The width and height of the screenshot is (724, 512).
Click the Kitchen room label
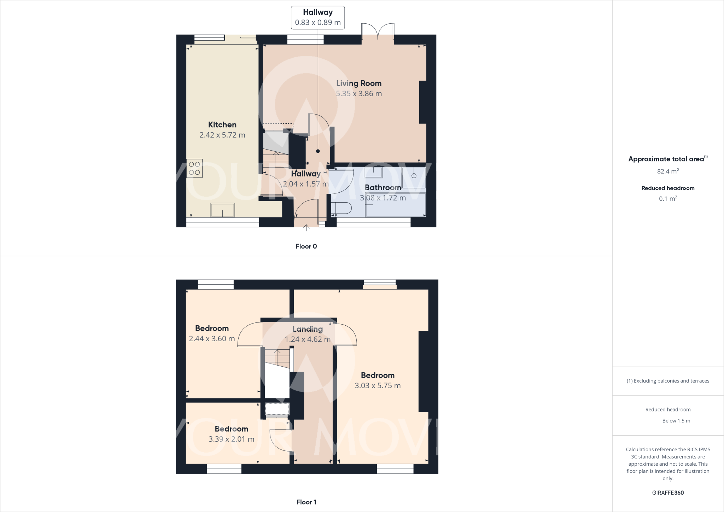coord(222,125)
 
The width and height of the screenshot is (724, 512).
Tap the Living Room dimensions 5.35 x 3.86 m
coord(359,94)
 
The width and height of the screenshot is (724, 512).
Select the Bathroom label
coord(383,187)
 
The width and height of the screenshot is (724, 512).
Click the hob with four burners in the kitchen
coord(194,168)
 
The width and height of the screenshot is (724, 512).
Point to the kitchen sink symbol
coord(222,210)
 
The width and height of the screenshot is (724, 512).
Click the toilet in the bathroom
coord(341,208)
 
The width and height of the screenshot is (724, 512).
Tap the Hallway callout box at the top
coord(317,17)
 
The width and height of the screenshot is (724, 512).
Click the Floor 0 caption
coord(306,246)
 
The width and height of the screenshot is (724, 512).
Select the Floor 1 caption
coord(306,502)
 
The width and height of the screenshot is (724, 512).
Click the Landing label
coord(308,329)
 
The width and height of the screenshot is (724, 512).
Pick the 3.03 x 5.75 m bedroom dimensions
coord(378,386)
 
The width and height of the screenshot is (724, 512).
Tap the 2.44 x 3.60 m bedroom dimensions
coord(212,339)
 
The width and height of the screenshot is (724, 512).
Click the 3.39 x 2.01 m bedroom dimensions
coord(231,439)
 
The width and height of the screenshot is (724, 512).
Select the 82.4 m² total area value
coord(668,171)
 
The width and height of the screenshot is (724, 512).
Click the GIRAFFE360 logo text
coord(668,493)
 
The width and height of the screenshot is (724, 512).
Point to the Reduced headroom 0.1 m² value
coord(668,199)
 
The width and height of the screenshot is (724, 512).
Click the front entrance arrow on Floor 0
coord(306,228)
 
